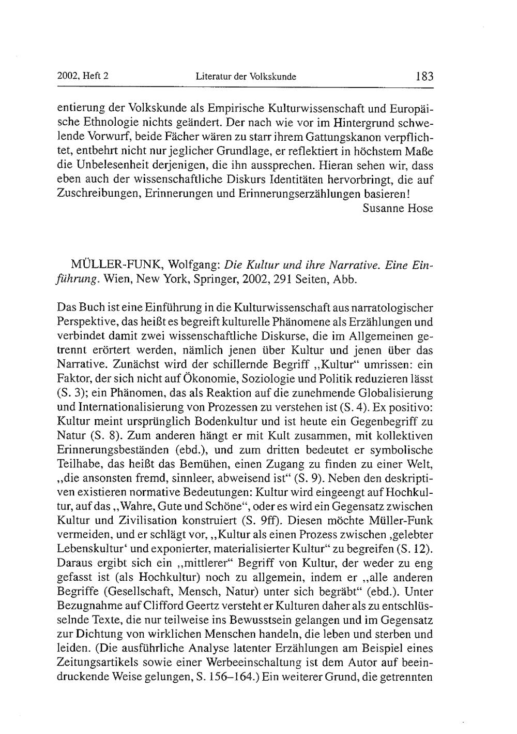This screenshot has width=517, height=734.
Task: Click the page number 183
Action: tap(423, 77)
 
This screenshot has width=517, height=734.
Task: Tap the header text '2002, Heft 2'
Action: tap(83, 76)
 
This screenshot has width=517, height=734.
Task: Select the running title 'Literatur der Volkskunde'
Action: tap(246, 77)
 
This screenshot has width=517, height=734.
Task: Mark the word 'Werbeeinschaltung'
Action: tap(250, 663)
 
